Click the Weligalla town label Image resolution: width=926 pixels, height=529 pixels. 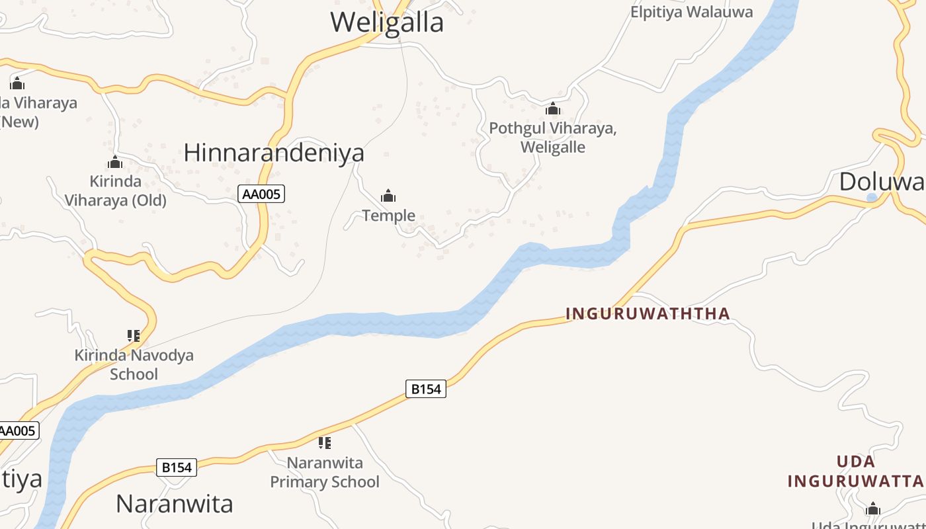(x=387, y=23)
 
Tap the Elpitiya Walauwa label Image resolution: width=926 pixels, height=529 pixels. (x=691, y=12)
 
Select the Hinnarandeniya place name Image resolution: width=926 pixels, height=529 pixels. (x=274, y=153)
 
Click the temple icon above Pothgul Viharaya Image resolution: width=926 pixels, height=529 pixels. (x=553, y=109)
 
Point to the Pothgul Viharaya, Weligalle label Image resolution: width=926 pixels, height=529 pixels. (x=553, y=138)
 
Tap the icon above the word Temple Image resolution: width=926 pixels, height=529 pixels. (x=388, y=196)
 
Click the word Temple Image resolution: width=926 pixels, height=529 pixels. (x=389, y=216)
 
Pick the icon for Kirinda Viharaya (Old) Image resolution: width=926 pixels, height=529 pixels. (x=115, y=162)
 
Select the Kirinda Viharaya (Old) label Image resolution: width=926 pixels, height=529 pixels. (x=115, y=190)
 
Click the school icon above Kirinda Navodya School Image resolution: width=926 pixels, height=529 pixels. (x=134, y=336)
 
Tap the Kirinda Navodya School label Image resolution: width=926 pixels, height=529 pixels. (x=134, y=364)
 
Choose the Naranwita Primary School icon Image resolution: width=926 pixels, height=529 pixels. (x=324, y=442)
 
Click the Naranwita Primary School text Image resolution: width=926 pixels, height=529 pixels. (x=325, y=472)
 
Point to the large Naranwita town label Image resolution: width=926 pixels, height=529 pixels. (x=175, y=504)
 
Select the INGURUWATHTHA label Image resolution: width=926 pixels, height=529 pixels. (x=648, y=313)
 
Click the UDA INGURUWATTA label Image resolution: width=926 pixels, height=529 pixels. (x=855, y=471)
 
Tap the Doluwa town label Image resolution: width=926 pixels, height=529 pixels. (x=882, y=181)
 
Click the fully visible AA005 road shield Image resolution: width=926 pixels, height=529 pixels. (x=261, y=194)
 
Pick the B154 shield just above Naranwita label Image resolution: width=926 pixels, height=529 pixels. (x=177, y=468)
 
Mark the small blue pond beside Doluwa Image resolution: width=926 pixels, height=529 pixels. (x=872, y=197)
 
